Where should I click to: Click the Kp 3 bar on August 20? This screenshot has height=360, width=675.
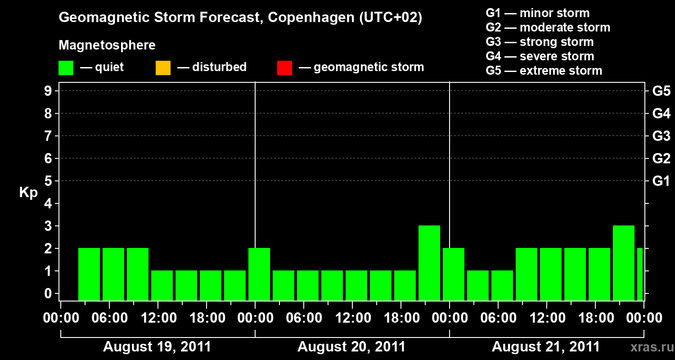(x=429, y=263)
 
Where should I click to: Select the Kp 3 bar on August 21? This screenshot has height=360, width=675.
(x=624, y=263)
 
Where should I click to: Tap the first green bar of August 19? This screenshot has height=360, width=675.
(x=89, y=274)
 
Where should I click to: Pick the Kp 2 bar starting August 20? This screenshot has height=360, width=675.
(x=259, y=274)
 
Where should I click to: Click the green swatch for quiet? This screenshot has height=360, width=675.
(x=66, y=67)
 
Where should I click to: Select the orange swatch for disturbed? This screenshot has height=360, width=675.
(x=163, y=67)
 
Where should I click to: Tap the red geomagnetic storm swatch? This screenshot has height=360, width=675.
(x=284, y=67)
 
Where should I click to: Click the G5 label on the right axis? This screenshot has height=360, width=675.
(x=661, y=91)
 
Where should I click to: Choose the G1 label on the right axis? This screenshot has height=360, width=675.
(x=661, y=181)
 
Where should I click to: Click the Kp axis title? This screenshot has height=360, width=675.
(x=28, y=193)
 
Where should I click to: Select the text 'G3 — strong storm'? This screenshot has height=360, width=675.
(x=540, y=42)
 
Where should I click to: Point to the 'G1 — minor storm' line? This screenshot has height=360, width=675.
(x=537, y=13)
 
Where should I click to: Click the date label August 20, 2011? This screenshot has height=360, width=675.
(x=351, y=347)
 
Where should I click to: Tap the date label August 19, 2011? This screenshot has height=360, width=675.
(x=157, y=347)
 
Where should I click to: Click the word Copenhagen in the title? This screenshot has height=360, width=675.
(x=306, y=18)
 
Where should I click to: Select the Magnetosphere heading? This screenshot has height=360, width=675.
(x=107, y=45)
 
